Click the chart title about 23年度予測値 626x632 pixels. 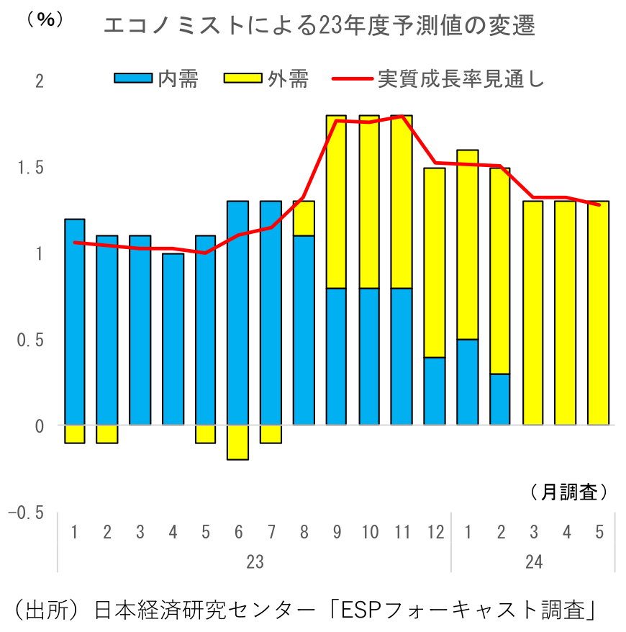319,27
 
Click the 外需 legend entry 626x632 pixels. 266,79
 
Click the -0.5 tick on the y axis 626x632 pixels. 27,513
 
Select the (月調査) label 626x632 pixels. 568,492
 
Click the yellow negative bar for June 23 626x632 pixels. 237,442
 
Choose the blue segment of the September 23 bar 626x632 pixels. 336,356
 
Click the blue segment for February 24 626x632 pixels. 499,399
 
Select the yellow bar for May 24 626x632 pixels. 599,313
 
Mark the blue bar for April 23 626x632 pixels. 173,339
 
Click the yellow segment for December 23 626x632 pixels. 434,263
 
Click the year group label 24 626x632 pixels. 533,562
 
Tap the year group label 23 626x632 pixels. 255,562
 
